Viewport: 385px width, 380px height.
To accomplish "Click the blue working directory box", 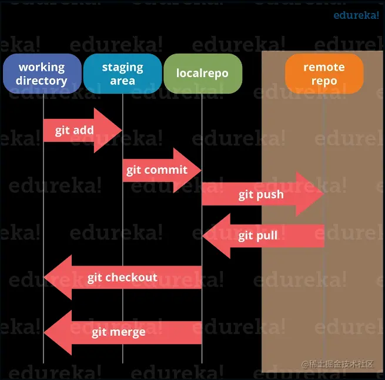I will [42, 74].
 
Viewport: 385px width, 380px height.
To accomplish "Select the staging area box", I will [122, 74].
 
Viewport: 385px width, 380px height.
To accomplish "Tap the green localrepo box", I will [202, 74].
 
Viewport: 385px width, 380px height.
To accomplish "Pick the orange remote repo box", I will [324, 74].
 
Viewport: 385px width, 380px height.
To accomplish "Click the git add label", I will [75, 130].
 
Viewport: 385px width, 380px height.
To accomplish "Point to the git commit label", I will [157, 170].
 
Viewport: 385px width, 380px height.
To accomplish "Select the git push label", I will [261, 194].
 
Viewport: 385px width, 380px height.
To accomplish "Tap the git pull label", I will [258, 236].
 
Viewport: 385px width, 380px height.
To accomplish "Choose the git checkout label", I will [122, 277].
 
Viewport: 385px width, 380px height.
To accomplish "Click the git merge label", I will [119, 332].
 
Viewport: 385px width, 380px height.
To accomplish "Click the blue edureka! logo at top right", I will [356, 15].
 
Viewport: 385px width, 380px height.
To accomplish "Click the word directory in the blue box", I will [42, 81].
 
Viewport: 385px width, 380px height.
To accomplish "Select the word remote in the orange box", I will [324, 67].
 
